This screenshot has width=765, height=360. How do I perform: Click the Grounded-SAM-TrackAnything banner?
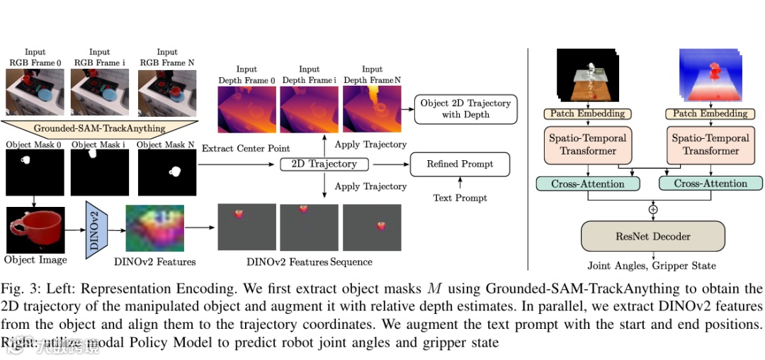(100, 128)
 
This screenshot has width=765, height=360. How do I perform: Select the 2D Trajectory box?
(324, 164)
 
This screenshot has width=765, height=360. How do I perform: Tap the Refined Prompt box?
(460, 164)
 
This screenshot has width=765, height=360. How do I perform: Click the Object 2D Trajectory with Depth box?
(465, 108)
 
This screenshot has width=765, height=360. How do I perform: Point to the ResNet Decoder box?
(652, 237)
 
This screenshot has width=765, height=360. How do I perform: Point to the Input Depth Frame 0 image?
(247, 108)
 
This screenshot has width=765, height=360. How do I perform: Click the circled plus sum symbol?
(652, 209)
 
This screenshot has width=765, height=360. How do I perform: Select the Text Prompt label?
(460, 198)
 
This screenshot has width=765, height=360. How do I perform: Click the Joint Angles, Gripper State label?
(652, 266)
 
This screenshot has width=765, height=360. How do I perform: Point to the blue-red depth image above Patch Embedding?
(710, 77)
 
